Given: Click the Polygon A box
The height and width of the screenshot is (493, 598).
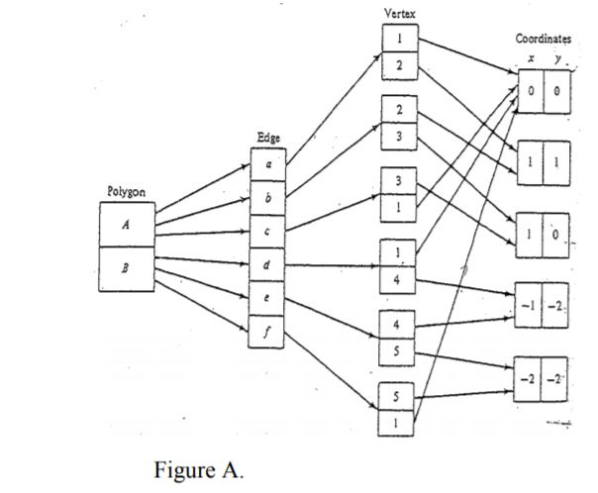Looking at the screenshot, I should (126, 224).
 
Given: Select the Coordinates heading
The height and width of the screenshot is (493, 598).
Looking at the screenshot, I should (543, 38).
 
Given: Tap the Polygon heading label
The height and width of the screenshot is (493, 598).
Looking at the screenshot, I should (125, 190).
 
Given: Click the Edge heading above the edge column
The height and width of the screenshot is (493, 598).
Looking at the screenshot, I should (266, 140).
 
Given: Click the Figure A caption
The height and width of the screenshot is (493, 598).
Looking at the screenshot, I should (197, 469).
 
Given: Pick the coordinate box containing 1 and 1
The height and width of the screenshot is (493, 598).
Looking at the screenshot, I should (543, 158).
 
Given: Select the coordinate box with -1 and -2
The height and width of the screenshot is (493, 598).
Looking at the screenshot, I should (543, 305).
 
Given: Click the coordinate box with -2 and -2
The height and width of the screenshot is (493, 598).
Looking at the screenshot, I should (543, 378).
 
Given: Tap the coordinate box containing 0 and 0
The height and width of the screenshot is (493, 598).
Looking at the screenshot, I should (543, 92).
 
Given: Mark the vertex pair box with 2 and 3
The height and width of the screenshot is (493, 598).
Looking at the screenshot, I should (398, 121).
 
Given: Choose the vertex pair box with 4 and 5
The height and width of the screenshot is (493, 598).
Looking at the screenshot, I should (398, 339).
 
